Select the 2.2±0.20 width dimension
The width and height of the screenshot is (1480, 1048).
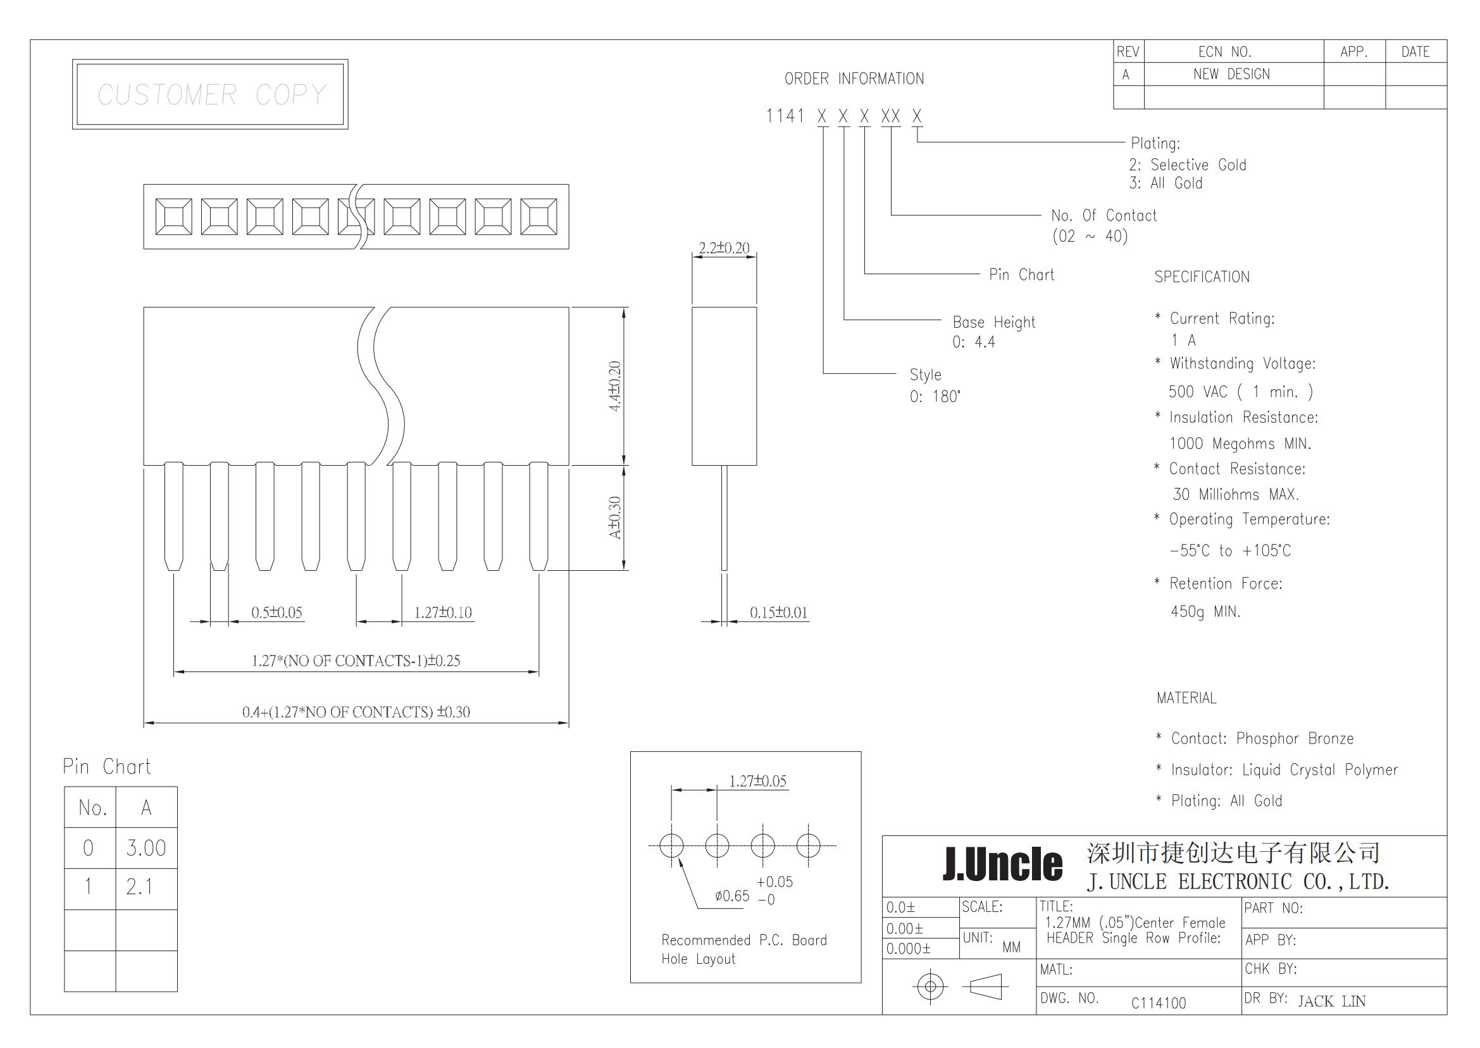(724, 248)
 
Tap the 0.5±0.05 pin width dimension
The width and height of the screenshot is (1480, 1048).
(277, 613)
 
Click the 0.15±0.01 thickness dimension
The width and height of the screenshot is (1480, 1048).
(779, 613)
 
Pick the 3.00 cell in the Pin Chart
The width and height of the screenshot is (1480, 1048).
(146, 848)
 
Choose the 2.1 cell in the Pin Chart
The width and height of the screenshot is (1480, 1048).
(139, 887)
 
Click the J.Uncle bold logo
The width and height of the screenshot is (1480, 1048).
(1002, 864)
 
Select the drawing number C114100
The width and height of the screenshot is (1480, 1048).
(1159, 1003)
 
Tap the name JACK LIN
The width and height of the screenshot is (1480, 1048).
(1331, 1001)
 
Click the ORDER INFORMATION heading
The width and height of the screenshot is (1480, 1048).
(854, 78)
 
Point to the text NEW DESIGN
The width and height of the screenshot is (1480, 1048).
(1231, 74)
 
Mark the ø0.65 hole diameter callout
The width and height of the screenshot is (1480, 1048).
(732, 895)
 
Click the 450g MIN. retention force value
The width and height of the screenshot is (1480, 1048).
(1206, 611)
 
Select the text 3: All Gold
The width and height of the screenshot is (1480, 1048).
(1166, 184)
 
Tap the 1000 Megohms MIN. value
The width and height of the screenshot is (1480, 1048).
(1240, 444)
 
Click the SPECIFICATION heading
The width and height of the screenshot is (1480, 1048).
(1202, 277)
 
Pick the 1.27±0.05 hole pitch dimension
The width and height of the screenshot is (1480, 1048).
(758, 781)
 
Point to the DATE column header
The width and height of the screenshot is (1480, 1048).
(1415, 52)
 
